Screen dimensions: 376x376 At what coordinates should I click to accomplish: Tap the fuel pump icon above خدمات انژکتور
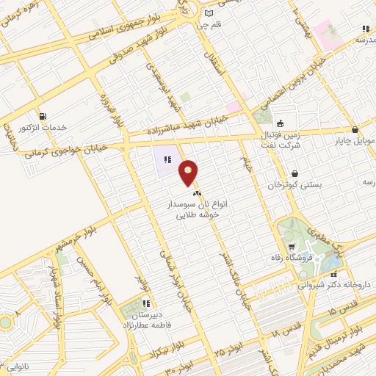pos(42,116)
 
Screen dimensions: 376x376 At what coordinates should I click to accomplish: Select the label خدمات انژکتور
pos(43,128)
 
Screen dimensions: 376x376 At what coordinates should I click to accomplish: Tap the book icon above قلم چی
pos(209,14)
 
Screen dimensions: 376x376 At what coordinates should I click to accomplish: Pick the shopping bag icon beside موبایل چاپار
pos(355,129)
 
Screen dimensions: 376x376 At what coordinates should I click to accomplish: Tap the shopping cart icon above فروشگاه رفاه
pos(294,246)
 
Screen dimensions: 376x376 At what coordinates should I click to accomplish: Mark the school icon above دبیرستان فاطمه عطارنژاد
pos(147,303)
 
